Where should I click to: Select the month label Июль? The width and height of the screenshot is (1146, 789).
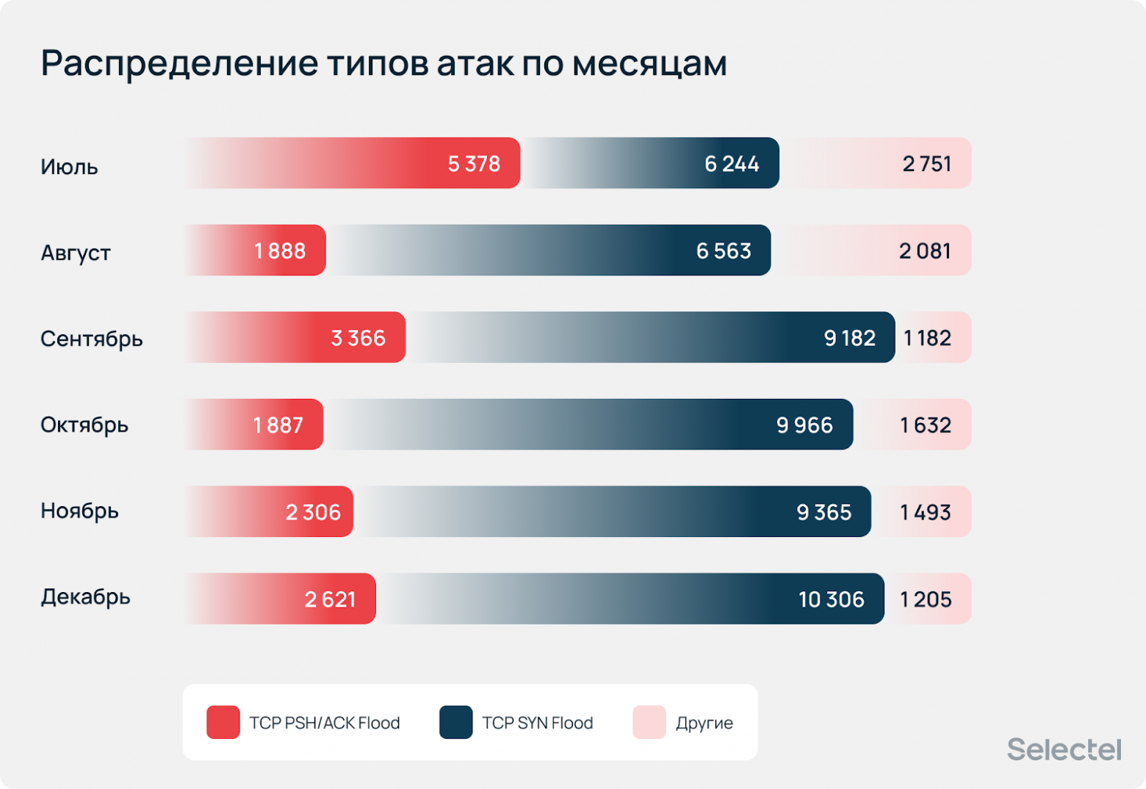pyautogui.click(x=69, y=167)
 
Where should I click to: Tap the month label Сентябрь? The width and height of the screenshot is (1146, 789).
pyautogui.click(x=91, y=339)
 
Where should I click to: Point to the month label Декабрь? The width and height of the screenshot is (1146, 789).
pyautogui.click(x=85, y=597)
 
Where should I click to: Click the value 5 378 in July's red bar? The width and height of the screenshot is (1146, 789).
pyautogui.click(x=474, y=164)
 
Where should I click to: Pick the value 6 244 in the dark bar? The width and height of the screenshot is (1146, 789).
pyautogui.click(x=732, y=164)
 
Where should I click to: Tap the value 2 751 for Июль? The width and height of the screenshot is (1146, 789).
pyautogui.click(x=926, y=164)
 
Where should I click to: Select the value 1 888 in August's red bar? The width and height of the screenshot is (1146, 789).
pyautogui.click(x=280, y=251)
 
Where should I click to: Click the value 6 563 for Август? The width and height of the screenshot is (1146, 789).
pyautogui.click(x=724, y=251)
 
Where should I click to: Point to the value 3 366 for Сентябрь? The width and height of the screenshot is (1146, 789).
pyautogui.click(x=358, y=338)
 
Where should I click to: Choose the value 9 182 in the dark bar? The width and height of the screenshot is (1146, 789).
pyautogui.click(x=849, y=338)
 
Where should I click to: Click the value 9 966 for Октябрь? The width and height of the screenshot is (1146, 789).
pyautogui.click(x=804, y=425)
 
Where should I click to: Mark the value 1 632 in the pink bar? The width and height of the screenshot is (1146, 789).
pyautogui.click(x=926, y=425)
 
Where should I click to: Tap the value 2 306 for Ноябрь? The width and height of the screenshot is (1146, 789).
pyautogui.click(x=313, y=512)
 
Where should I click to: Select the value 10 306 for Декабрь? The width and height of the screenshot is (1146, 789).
pyautogui.click(x=831, y=599)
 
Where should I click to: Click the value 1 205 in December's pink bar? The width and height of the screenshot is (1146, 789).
pyautogui.click(x=926, y=599)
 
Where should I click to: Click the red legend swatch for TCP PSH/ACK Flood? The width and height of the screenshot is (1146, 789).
pyautogui.click(x=223, y=722)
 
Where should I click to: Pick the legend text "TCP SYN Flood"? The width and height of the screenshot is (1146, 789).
pyautogui.click(x=537, y=723)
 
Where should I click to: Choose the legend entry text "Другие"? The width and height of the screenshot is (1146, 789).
pyautogui.click(x=704, y=723)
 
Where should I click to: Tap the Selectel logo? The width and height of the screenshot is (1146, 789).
pyautogui.click(x=1064, y=749)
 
